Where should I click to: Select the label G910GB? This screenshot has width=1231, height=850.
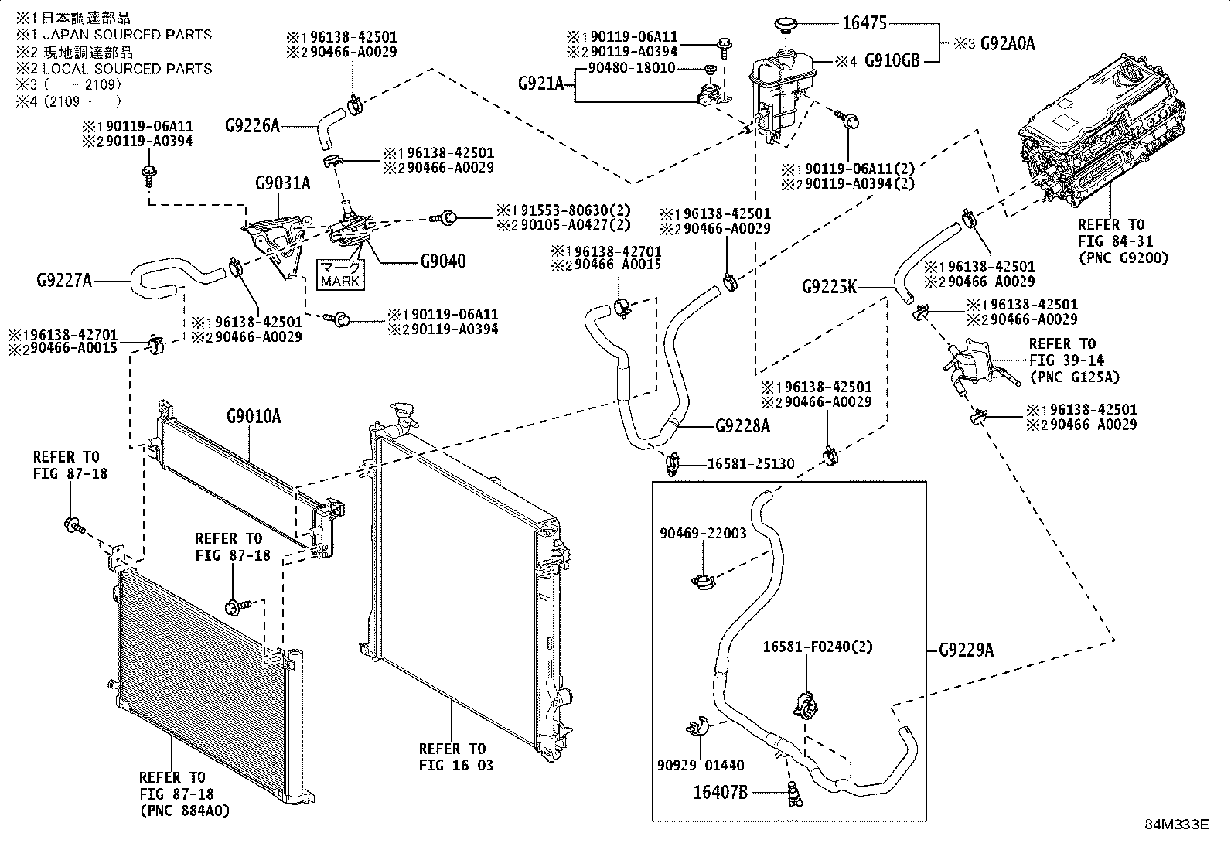coord(891,60)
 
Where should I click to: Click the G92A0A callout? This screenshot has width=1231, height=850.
coord(1007,43)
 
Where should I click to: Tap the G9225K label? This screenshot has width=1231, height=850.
coord(829,288)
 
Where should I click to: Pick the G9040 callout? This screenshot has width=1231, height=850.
coord(443,261)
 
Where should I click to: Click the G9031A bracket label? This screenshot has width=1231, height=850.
coord(282,183)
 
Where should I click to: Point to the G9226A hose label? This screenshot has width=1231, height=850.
coord(252,125)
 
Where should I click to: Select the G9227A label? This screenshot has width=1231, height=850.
coord(63,280)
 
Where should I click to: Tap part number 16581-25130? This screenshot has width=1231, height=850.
coord(750,464)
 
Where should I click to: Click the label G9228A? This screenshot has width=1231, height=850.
coord(742,426)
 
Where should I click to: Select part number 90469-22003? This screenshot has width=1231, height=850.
coord(703,534)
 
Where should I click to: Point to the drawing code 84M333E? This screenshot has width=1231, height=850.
coord(1176,824)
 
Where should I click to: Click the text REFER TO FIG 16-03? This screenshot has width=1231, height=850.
coord(452,757)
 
